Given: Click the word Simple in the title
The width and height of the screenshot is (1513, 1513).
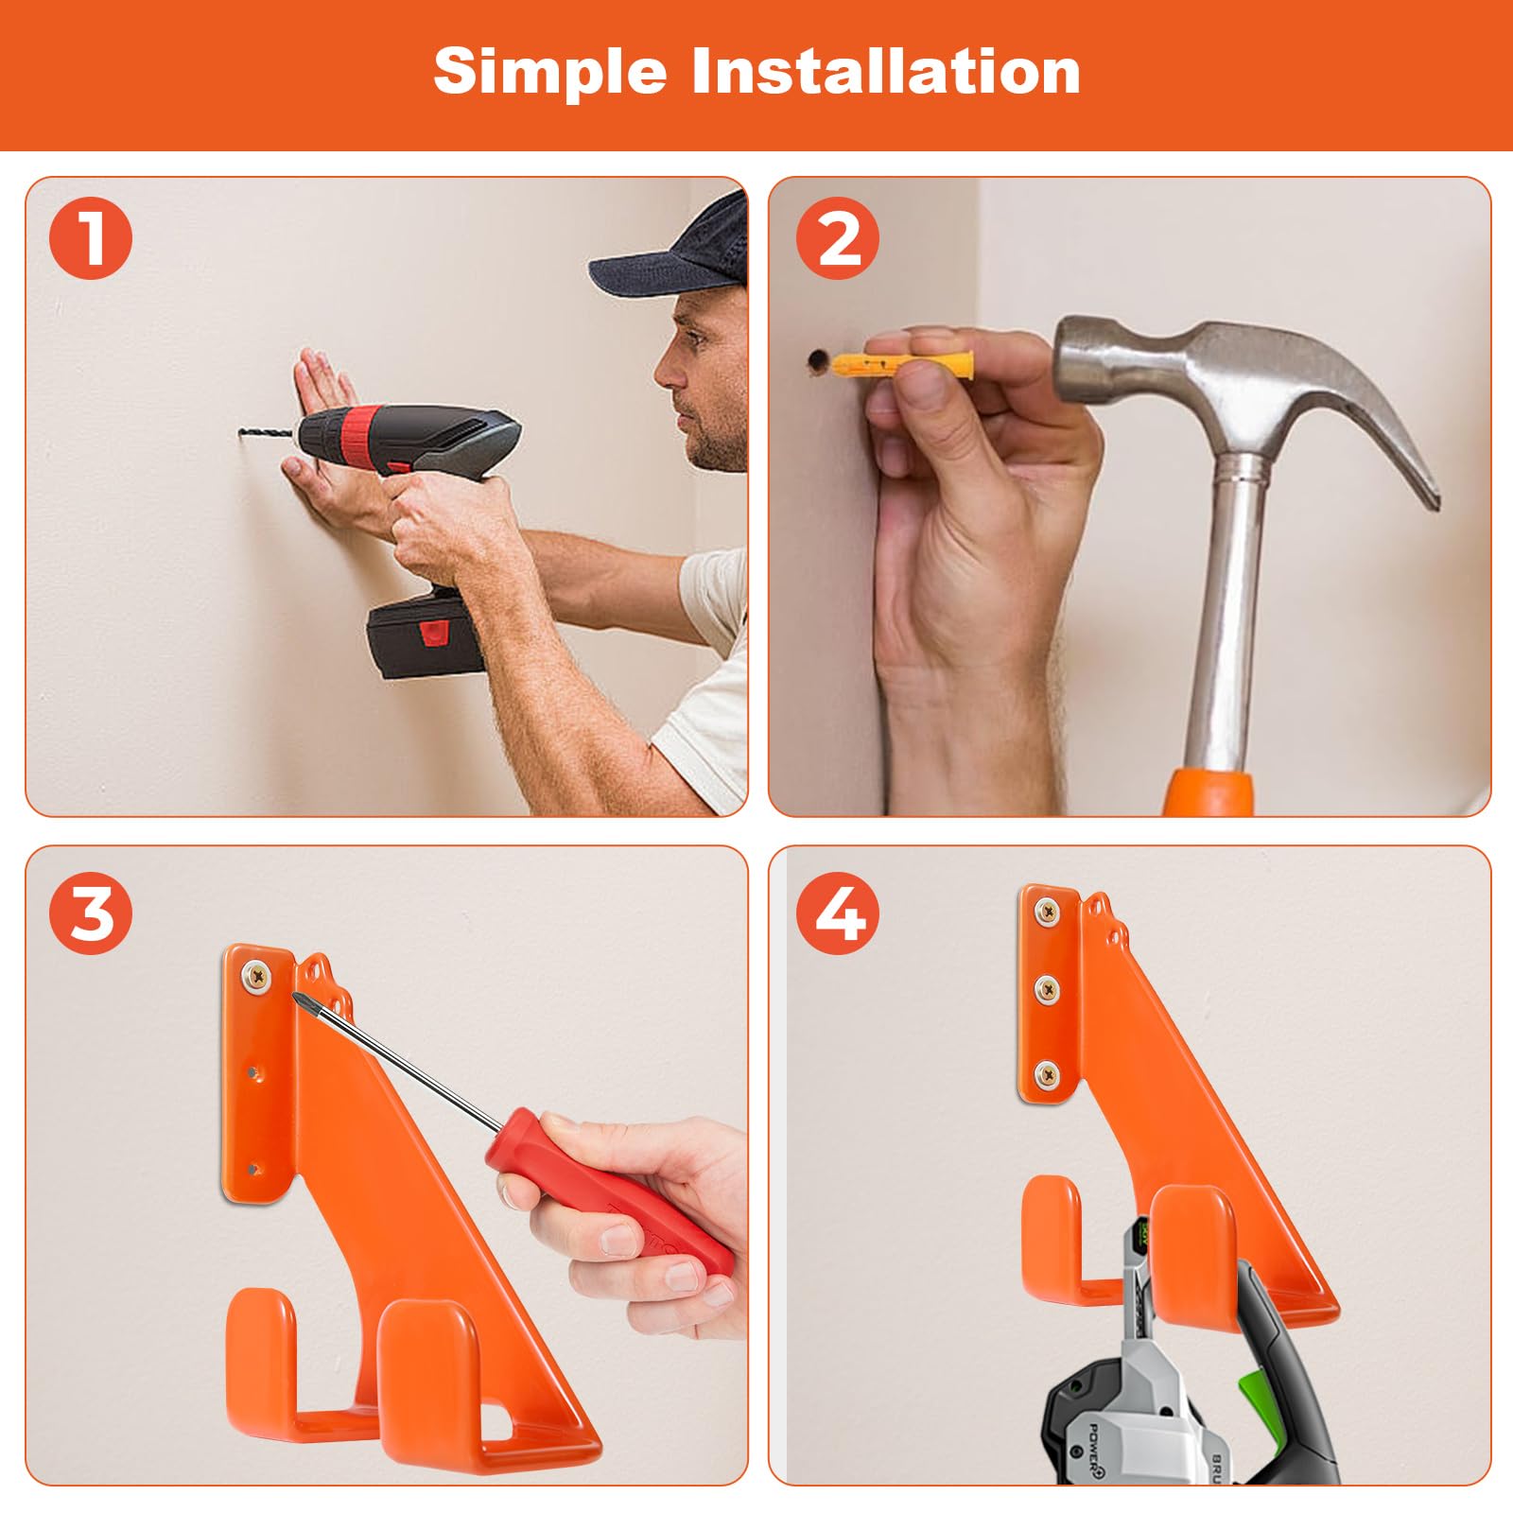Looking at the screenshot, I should click(x=549, y=71).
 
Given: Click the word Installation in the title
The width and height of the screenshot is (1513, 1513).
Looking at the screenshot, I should click(x=886, y=71).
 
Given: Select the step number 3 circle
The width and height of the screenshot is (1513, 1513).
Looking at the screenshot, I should click(x=92, y=913).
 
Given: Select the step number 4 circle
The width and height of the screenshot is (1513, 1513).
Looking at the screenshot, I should click(x=838, y=913).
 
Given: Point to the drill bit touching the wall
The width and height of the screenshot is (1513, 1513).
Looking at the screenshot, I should click(x=267, y=436).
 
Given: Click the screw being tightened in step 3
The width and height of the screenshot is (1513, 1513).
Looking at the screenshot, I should click(x=255, y=975).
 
